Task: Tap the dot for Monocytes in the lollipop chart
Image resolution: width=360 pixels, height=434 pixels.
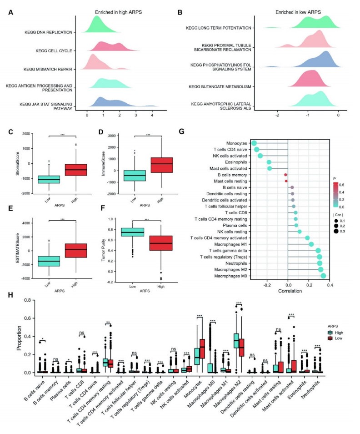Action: click(x=254, y=143)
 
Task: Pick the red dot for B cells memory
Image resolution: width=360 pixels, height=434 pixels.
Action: click(x=285, y=174)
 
